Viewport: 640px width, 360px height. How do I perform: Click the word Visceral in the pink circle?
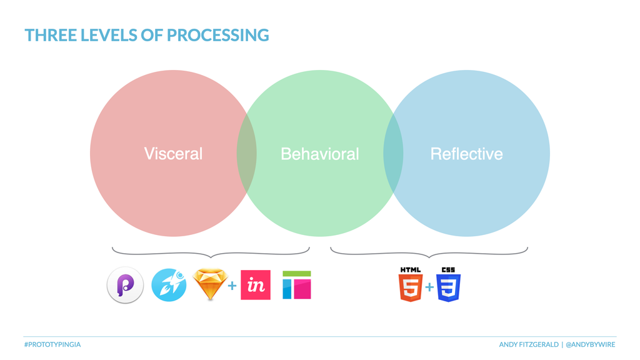173,154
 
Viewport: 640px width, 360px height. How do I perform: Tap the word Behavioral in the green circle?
319,154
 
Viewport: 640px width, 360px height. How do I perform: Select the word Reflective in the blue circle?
466,154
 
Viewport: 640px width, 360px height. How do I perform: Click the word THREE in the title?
51,35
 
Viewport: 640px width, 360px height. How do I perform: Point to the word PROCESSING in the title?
218,35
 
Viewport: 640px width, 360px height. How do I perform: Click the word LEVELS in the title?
109,35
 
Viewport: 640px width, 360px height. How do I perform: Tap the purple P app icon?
125,285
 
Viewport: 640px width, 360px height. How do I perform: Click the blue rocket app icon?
169,285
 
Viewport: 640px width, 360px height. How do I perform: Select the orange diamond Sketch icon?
210,284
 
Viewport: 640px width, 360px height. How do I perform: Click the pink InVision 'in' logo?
256,285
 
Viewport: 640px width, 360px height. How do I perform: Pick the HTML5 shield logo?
411,284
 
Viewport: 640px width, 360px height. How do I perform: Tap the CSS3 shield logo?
448,284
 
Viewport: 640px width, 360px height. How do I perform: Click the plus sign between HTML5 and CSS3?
429,287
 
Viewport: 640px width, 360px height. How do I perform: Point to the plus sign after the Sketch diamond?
232,285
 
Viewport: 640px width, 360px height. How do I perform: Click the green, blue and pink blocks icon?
297,285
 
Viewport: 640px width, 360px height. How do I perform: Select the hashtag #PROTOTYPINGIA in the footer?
52,344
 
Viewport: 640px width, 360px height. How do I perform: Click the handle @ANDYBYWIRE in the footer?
590,344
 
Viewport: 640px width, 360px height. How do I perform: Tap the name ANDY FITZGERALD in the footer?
529,344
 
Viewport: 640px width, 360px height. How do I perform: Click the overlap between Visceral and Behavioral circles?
246,154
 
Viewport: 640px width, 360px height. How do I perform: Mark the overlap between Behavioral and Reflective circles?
393,154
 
